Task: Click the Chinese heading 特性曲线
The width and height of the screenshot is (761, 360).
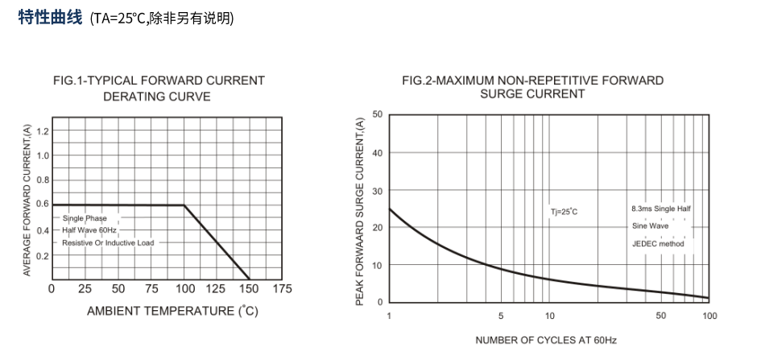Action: click(50, 18)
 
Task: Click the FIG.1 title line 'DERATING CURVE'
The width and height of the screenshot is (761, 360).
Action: click(157, 97)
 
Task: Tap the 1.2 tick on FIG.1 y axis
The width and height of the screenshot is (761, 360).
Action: click(43, 130)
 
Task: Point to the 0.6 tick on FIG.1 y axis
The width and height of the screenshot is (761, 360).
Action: click(43, 205)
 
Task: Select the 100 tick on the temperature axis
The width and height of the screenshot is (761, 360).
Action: click(184, 289)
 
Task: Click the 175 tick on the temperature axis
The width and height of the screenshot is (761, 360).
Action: click(282, 289)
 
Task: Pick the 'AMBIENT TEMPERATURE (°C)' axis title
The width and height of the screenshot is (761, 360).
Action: click(172, 312)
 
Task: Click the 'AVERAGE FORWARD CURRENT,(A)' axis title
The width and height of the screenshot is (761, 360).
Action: click(27, 201)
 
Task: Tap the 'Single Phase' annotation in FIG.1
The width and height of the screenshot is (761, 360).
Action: click(85, 218)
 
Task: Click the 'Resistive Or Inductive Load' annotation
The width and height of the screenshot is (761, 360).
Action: click(108, 242)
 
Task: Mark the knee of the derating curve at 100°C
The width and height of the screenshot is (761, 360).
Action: click(184, 205)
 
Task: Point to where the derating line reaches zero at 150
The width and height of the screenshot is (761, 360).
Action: click(250, 279)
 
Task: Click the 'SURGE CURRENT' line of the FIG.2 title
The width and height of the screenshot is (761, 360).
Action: click(532, 93)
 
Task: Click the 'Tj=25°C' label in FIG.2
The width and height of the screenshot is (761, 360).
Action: click(564, 212)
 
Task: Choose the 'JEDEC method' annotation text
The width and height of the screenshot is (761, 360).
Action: click(658, 243)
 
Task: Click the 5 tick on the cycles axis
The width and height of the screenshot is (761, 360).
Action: click(501, 316)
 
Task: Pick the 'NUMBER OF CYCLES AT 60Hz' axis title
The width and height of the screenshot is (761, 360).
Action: click(545, 340)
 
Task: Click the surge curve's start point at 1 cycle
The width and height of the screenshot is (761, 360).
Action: click(389, 209)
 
